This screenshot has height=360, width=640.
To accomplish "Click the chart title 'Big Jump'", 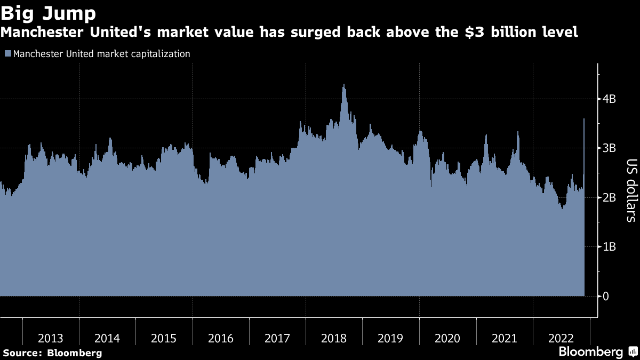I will click(x=49, y=12).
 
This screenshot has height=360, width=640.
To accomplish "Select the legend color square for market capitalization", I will click(x=7, y=54).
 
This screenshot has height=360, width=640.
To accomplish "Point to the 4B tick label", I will click(x=610, y=99).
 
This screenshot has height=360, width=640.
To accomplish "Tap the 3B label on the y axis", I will click(x=610, y=148).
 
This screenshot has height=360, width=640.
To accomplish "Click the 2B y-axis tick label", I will click(x=610, y=197).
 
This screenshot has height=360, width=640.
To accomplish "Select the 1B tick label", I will click(x=610, y=247).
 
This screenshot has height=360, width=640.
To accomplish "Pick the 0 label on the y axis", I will click(x=606, y=296).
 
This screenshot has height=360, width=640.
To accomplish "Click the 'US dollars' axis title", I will click(x=631, y=190).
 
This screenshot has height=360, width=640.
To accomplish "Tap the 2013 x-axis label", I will click(x=51, y=338).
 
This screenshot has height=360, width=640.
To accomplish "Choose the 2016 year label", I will click(x=221, y=338).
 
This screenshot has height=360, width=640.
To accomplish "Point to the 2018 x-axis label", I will click(x=334, y=338).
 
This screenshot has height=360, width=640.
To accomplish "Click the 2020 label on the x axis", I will click(x=447, y=338).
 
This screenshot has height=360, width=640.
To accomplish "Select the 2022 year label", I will click(x=561, y=338).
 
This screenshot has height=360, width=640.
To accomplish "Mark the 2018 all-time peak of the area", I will click(x=344, y=84).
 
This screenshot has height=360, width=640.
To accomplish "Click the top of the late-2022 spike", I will click(x=584, y=119).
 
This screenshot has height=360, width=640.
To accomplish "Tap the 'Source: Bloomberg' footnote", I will click(x=52, y=353).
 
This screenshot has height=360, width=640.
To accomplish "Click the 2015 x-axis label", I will click(x=164, y=338).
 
